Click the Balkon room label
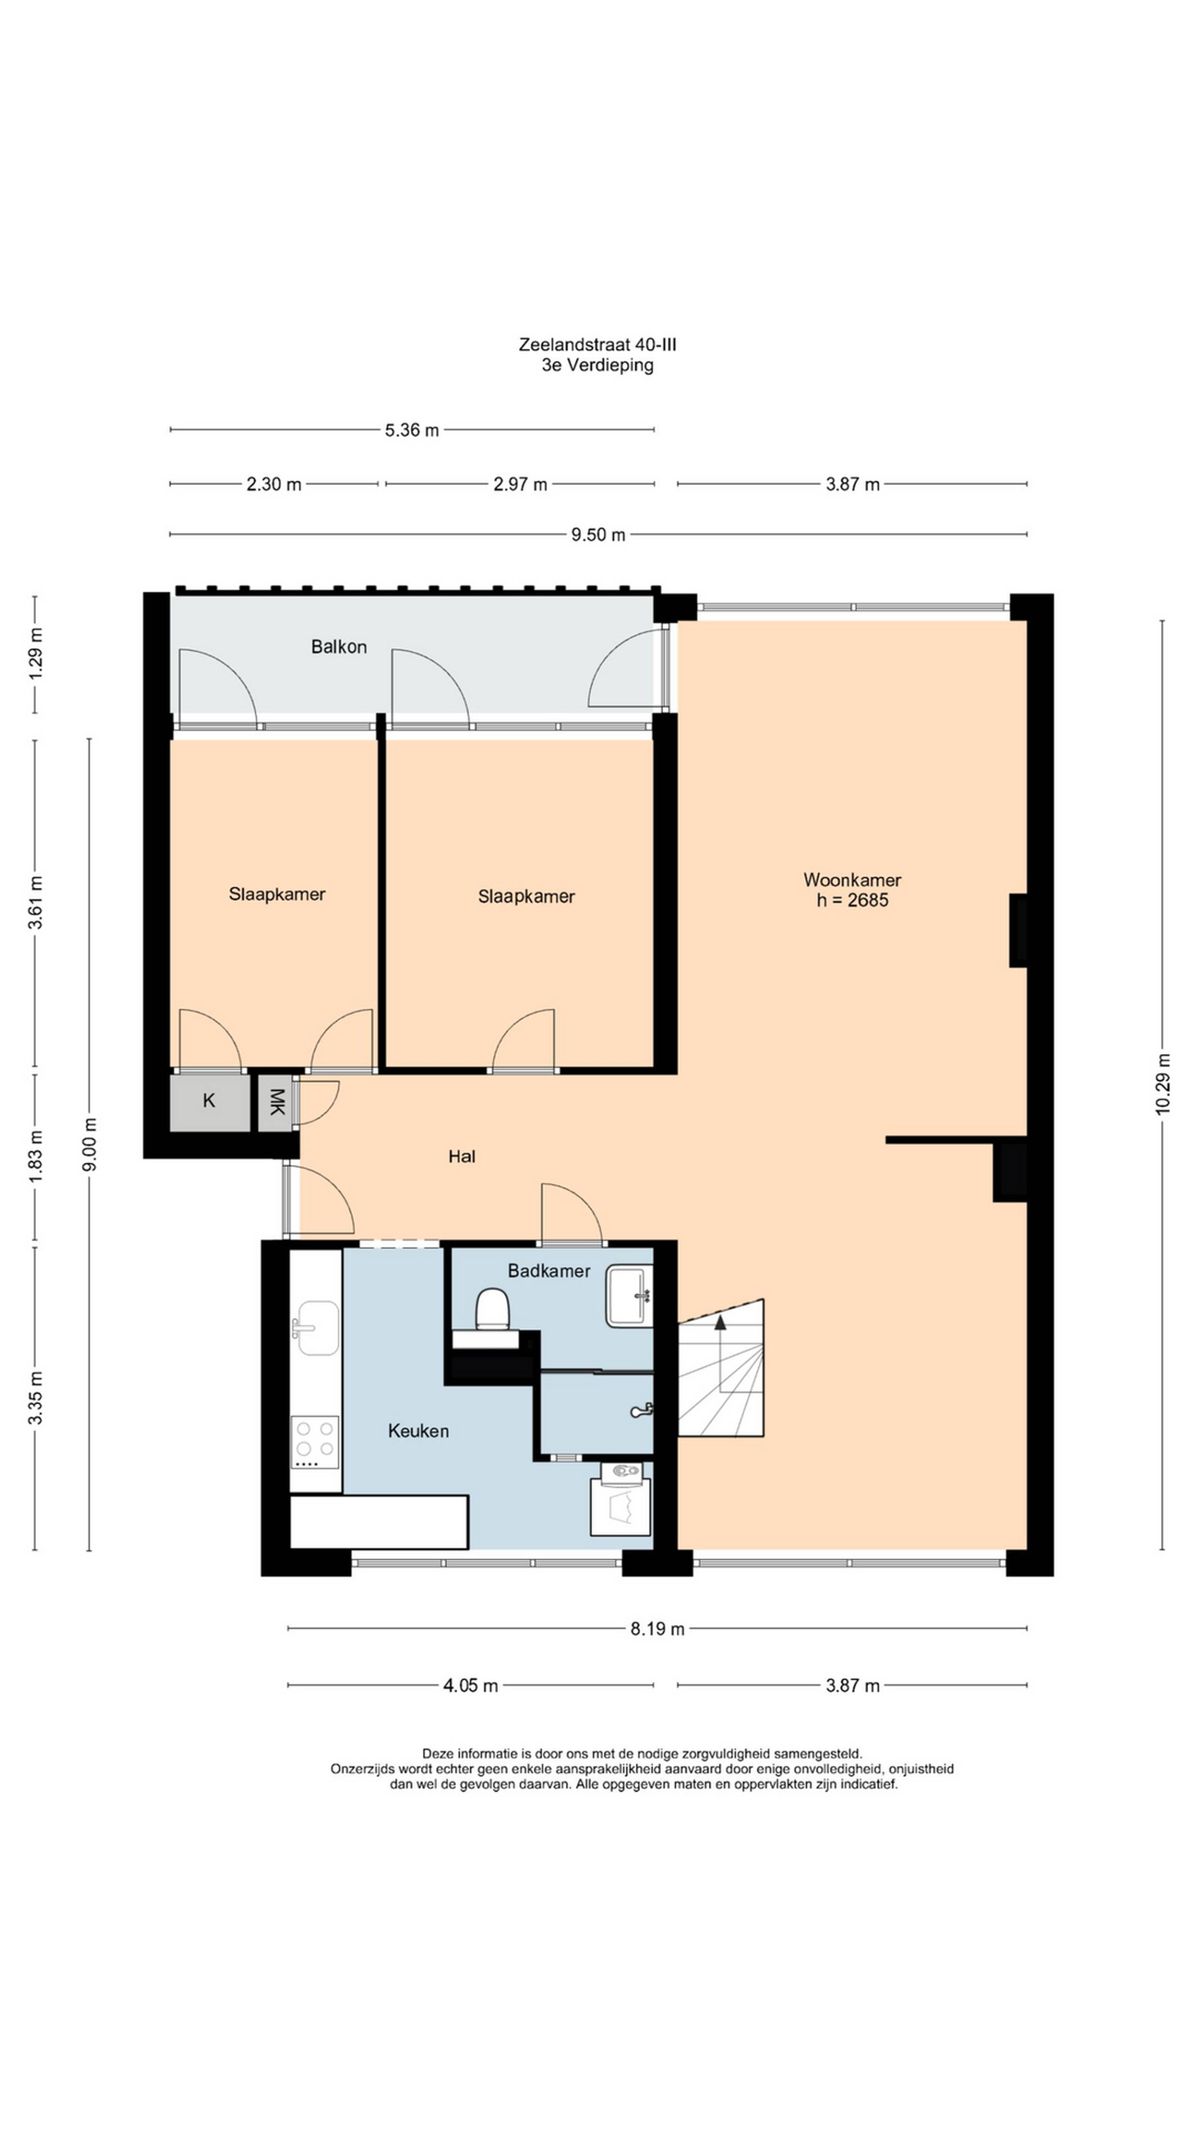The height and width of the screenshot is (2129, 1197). coord(339,646)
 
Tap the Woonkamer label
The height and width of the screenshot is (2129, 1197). coord(852,879)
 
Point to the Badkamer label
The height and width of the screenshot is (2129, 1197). coord(549,1270)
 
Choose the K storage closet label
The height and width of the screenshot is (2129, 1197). coord(209,1100)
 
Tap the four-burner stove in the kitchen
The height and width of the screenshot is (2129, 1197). coord(315,1442)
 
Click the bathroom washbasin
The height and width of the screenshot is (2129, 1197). coord(629,1296)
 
